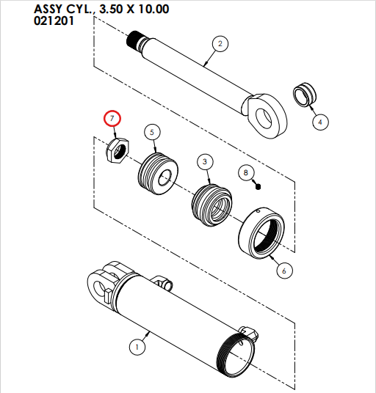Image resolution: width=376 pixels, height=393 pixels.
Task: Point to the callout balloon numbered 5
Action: tap(151, 132)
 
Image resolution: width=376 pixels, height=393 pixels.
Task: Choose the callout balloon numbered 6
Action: tap(283, 271)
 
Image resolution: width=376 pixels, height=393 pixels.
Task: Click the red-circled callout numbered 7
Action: tap(112, 118)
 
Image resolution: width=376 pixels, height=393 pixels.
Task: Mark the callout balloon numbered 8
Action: tap(245, 172)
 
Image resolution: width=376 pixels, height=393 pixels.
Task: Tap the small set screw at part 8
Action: tap(259, 186)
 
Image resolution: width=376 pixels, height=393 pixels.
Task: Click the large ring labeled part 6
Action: tap(261, 232)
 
